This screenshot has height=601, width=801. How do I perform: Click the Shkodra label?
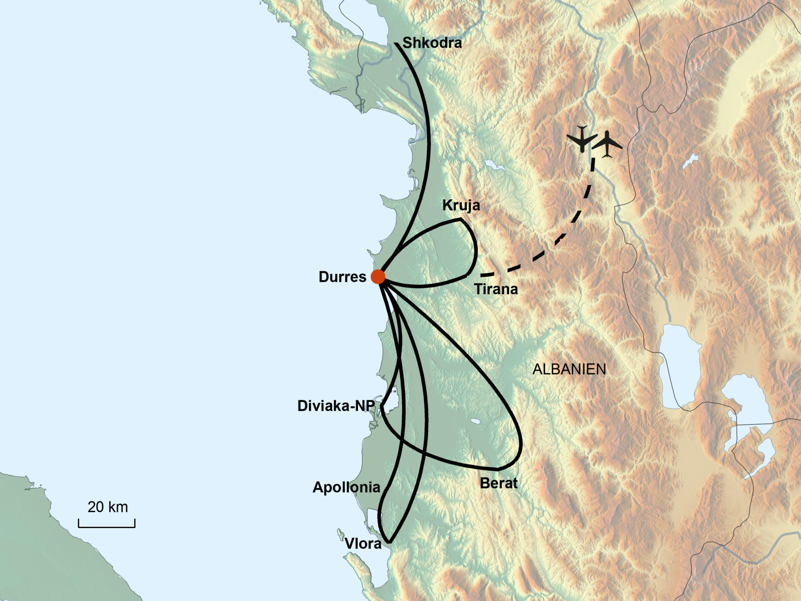pyautogui.click(x=432, y=43)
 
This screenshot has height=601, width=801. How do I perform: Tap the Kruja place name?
pyautogui.click(x=461, y=205)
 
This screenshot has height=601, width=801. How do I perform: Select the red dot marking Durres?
pyautogui.click(x=378, y=276)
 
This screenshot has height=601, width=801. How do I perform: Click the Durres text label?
pyautogui.click(x=342, y=277)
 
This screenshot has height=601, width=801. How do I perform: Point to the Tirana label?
pyautogui.click(x=496, y=289)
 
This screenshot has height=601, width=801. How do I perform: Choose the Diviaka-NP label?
pyautogui.click(x=336, y=406)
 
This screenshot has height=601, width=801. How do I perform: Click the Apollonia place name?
pyautogui.click(x=346, y=487)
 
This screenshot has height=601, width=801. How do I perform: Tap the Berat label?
pyautogui.click(x=499, y=483)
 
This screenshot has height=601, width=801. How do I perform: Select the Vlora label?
pyautogui.click(x=363, y=543)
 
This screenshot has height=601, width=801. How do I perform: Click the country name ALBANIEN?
pyautogui.click(x=569, y=369)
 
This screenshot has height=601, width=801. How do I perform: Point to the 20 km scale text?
pyautogui.click(x=108, y=507)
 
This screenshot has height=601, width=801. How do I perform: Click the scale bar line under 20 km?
pyautogui.click(x=107, y=526)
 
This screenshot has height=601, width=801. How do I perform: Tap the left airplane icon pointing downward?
pyautogui.click(x=582, y=138)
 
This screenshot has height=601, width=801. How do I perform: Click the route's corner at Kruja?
pyautogui.click(x=460, y=219)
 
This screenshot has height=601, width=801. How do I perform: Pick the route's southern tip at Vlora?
pyautogui.click(x=389, y=542)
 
